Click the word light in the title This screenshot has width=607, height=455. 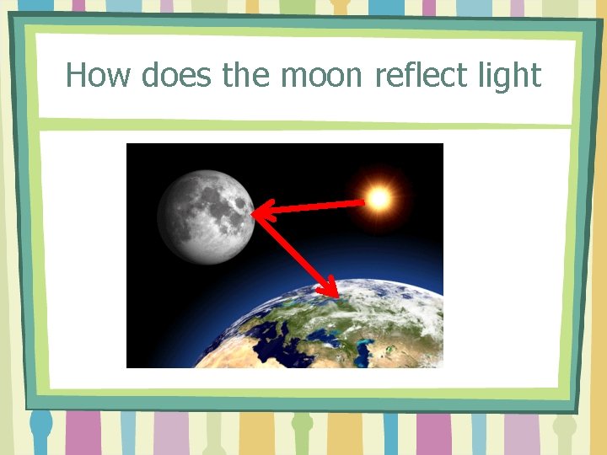tap(509, 76)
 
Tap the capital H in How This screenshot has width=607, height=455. tap(77, 76)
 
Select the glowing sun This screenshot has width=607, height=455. tap(379, 198)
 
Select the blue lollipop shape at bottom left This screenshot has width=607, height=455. tap(40, 426)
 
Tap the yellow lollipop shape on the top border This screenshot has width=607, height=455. tap(341, 7)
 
